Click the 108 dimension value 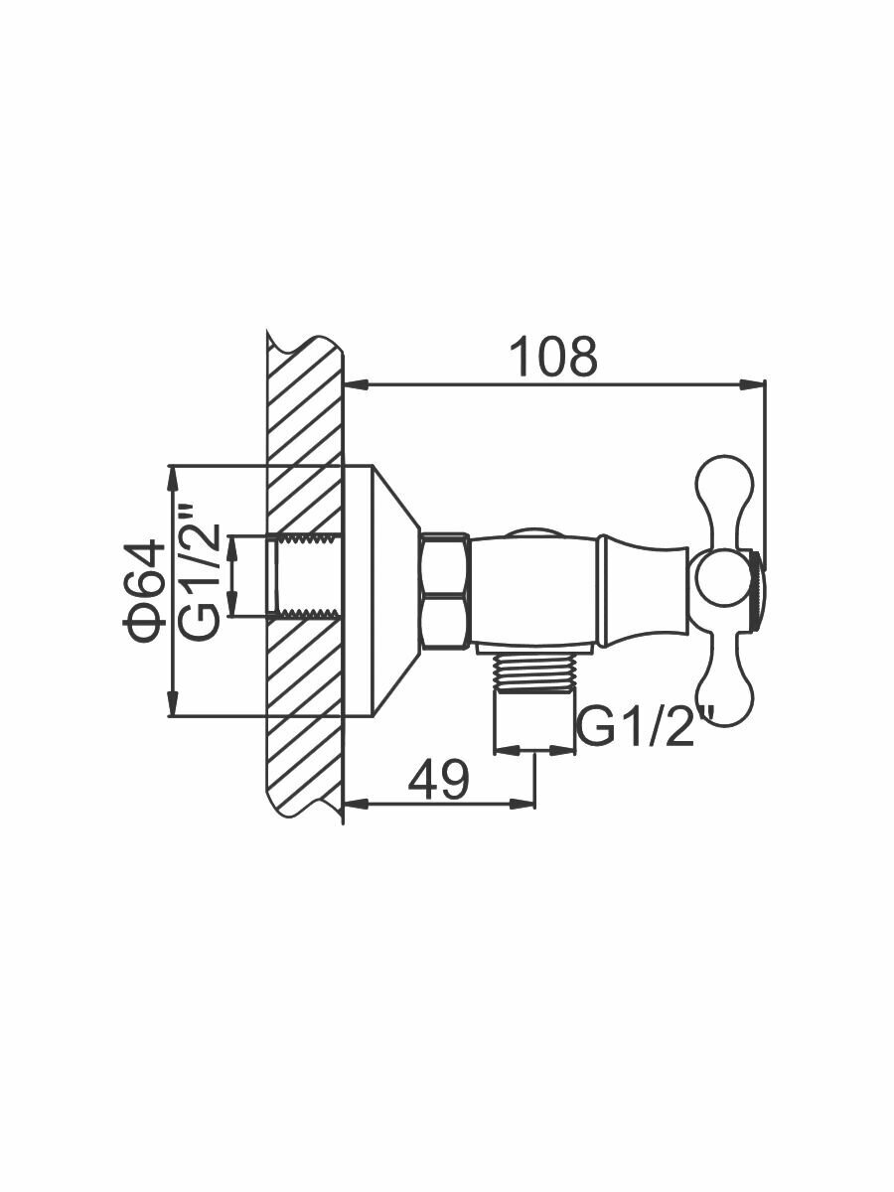553,357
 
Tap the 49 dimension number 437,780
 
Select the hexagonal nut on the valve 445,591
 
